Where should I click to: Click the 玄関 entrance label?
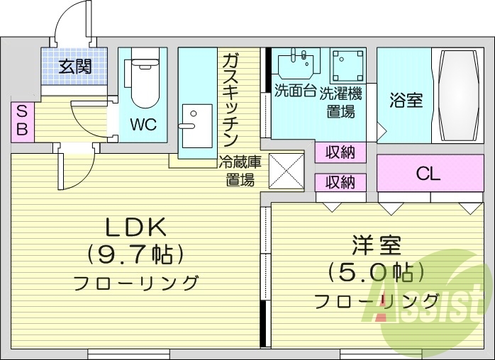coord(74,67)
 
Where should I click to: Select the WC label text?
coord(143,125)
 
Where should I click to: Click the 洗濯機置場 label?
coord(340,102)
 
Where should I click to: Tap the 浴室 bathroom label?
coord(406,100)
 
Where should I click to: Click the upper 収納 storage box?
coord(340,152)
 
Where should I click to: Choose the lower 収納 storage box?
coord(340,182)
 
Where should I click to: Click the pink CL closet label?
coord(429,173)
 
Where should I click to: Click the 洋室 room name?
coord(376,248)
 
